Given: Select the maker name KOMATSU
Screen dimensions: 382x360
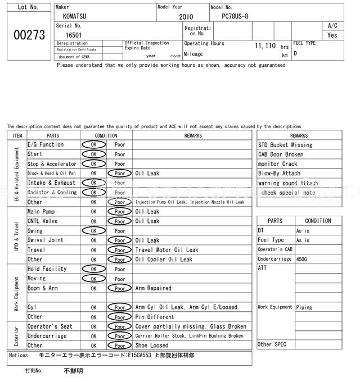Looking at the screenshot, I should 74,17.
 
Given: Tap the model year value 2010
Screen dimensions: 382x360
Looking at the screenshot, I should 186,17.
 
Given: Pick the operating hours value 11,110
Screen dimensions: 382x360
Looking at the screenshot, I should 265,45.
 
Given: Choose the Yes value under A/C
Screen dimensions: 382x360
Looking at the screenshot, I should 332,35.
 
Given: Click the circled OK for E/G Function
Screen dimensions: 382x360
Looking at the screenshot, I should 93,144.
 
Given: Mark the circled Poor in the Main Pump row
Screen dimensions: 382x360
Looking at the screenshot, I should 120,212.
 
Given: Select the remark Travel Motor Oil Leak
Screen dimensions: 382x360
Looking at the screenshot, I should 166,250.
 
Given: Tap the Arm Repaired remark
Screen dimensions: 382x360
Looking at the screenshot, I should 153,288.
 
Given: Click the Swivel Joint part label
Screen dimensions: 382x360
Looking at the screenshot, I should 45,240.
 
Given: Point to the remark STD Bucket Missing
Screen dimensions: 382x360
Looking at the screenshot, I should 285,145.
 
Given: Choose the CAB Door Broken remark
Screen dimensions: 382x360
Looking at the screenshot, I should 281,154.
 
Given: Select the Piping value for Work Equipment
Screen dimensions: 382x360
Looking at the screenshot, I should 304,307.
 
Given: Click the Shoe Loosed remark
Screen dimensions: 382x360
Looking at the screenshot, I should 152,345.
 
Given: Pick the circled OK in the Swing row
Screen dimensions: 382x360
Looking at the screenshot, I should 93,231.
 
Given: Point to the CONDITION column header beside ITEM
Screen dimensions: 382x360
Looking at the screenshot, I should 106,135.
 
